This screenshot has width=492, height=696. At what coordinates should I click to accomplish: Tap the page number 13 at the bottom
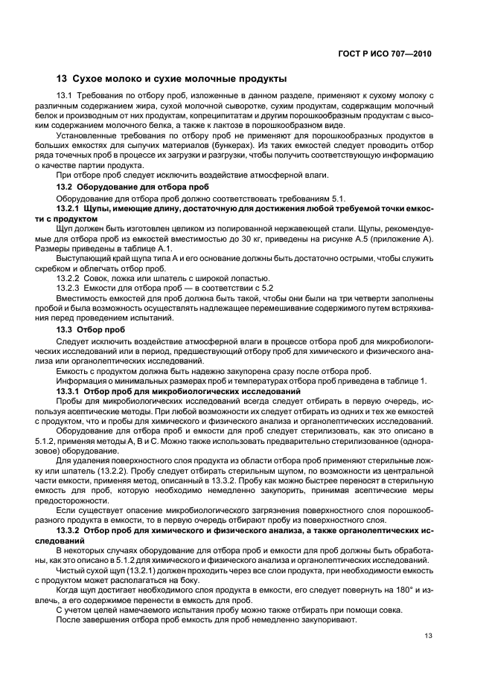[428, 635]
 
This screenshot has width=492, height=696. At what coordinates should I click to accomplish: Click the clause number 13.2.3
[68, 288]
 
